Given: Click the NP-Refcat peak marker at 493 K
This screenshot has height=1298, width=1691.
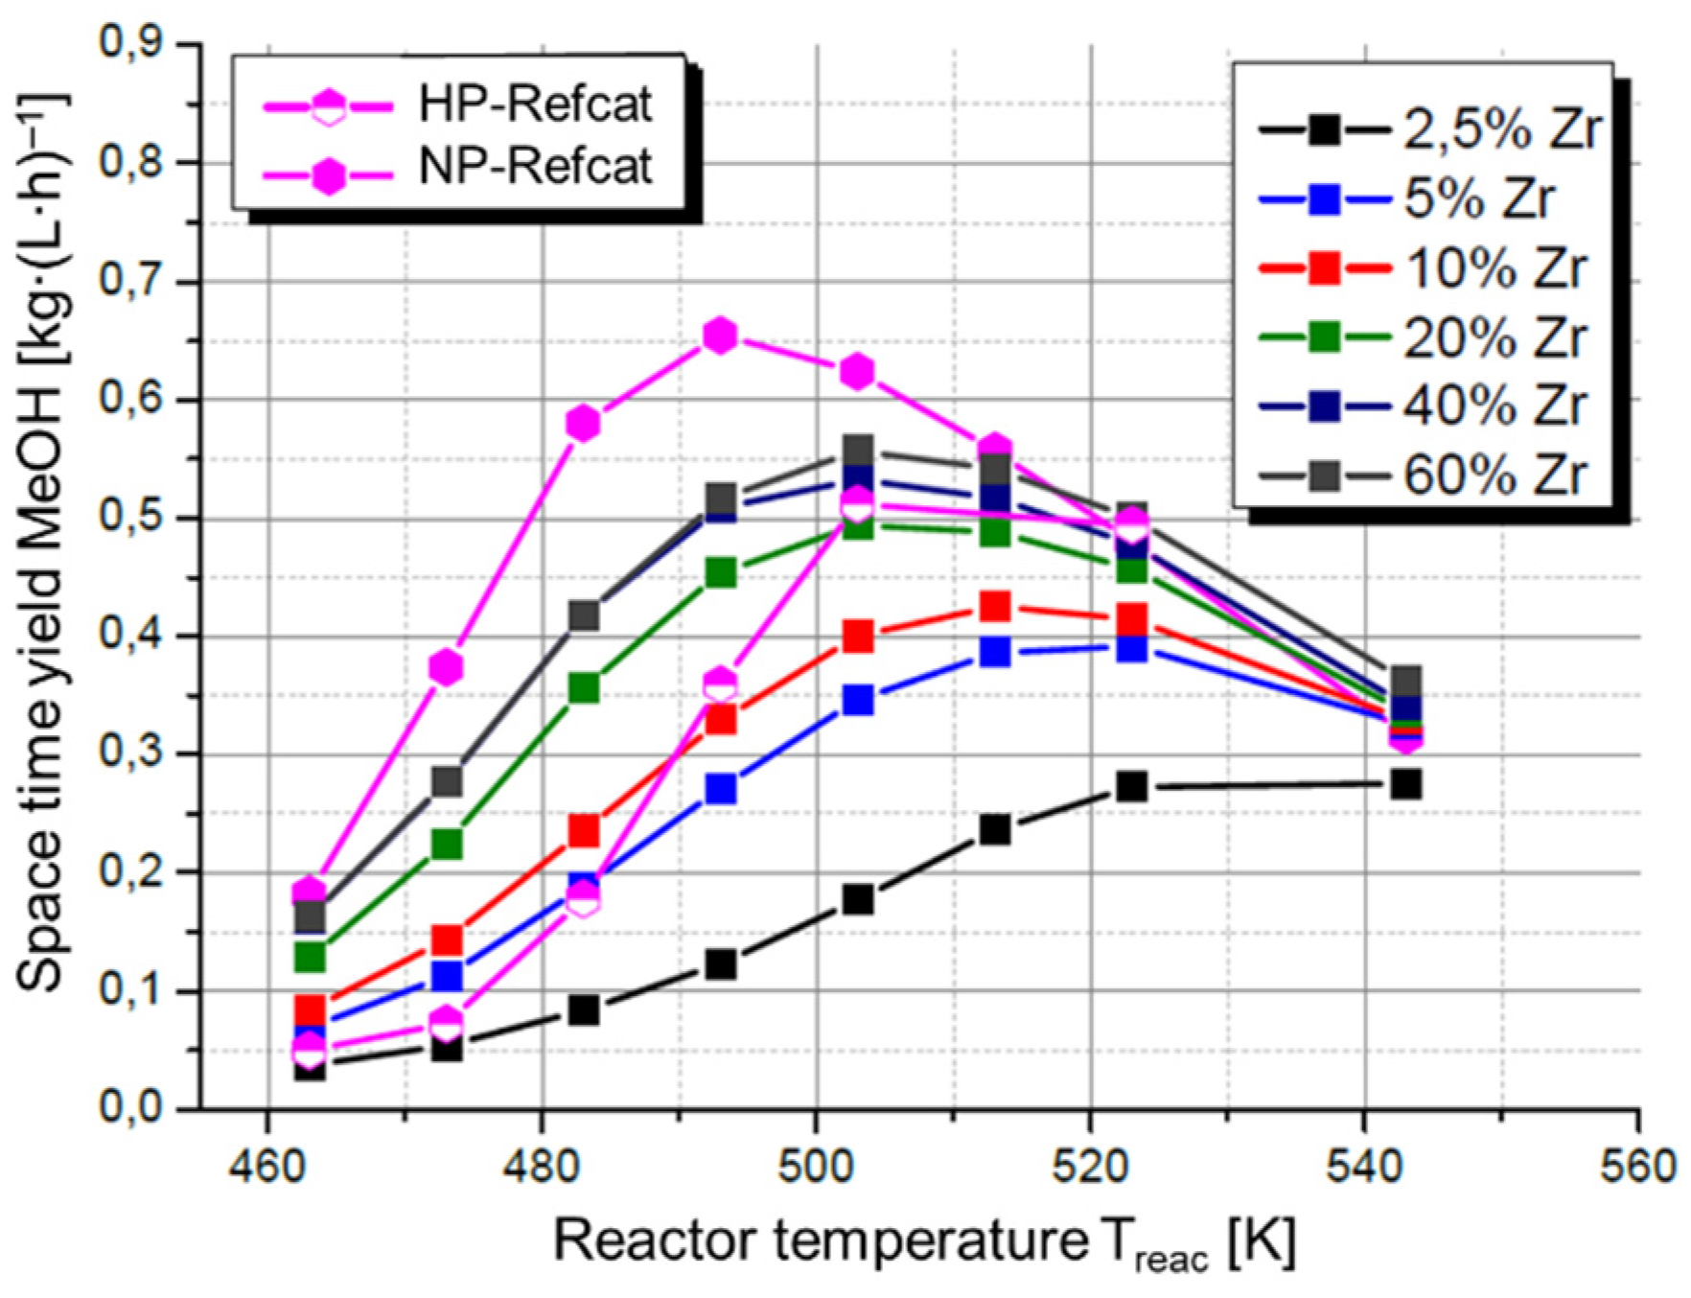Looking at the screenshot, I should tap(720, 336).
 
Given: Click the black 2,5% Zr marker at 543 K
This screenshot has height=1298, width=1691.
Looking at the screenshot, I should tap(1405, 784).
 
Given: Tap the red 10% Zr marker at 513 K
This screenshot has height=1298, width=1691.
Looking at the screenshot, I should tap(995, 607).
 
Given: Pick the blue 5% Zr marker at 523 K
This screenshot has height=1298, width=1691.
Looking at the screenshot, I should tap(1132, 649).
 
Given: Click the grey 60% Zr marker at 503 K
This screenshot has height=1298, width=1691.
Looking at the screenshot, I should tap(858, 451).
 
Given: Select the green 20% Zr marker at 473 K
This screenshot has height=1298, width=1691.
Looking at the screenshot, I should tap(447, 844).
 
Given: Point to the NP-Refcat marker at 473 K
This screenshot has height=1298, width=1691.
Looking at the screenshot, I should tap(447, 666).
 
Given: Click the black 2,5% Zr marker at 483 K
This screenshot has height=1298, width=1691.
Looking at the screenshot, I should tap(584, 1009).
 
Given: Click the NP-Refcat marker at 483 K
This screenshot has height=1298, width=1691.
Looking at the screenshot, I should tap(584, 423).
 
